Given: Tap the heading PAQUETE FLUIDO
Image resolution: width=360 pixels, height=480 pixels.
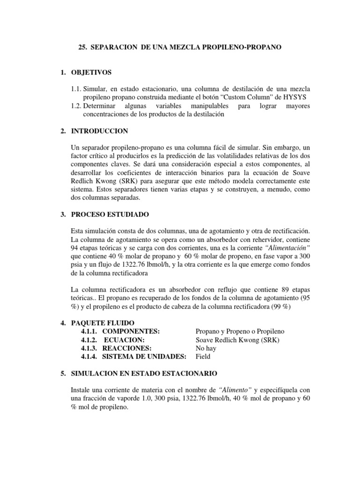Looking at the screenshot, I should (x=102, y=323).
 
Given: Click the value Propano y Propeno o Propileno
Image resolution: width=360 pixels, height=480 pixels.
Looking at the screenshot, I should (x=240, y=331).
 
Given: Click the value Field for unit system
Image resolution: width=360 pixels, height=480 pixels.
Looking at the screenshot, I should (x=203, y=357).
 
